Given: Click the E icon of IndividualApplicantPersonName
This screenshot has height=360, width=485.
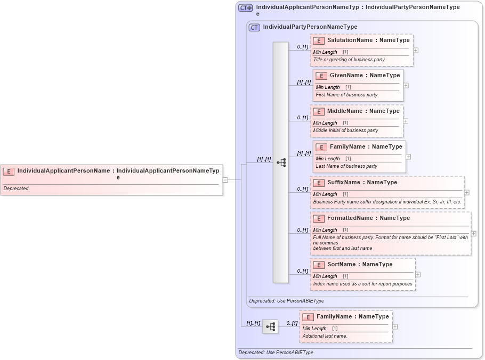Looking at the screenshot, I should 9,171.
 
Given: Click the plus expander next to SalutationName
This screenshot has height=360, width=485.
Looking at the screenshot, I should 416,51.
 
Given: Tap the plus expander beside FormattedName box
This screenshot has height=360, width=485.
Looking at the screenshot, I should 473,233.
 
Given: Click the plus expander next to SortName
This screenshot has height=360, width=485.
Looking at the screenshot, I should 418,274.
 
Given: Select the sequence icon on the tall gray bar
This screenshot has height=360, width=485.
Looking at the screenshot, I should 281,162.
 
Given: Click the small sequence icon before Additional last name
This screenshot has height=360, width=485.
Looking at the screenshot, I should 270,326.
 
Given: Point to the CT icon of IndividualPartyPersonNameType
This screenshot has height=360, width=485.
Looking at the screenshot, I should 254,27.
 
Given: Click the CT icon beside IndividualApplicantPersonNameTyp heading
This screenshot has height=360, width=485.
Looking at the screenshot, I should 246,8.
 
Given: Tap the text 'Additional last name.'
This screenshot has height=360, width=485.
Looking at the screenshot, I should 325,336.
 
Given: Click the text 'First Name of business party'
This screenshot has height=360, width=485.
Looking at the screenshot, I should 346,95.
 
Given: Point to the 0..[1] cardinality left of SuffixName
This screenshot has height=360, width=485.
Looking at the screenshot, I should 303,189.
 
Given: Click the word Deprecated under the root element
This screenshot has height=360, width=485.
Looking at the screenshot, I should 16,189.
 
